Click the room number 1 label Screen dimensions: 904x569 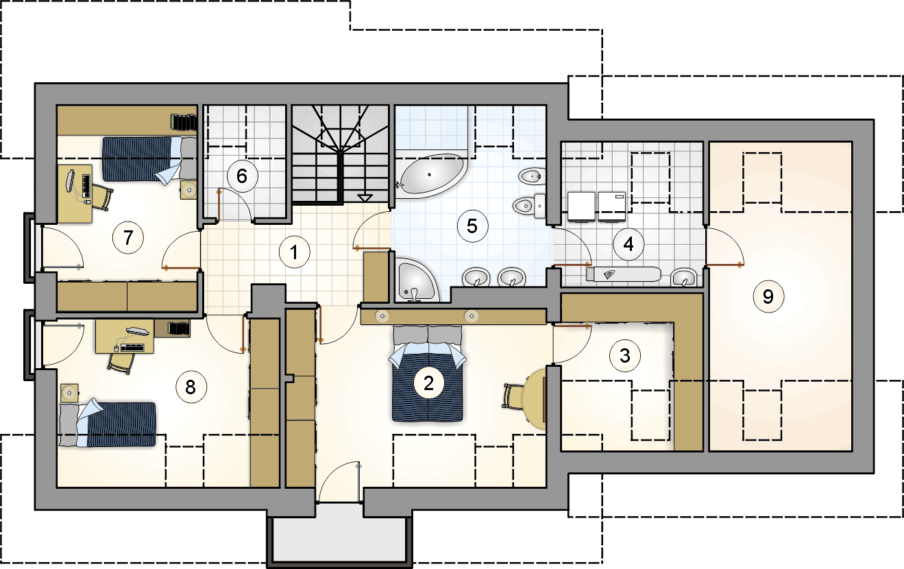tap(294, 252)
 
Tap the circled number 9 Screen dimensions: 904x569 tap(768, 297)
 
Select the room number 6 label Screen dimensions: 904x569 tap(242, 176)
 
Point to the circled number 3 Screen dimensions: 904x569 tap(625, 356)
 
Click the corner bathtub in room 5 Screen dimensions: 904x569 tap(430, 175)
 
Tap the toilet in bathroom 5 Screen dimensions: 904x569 tap(530, 206)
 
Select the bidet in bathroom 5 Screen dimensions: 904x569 tap(532, 176)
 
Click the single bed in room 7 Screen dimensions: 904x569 tap(149, 159)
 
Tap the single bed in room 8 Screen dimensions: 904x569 tap(108, 424)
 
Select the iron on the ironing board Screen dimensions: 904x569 tap(609, 274)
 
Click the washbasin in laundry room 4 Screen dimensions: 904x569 tap(683, 277)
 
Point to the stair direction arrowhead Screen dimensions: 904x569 tap(365, 197)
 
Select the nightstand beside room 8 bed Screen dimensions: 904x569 tap(69, 393)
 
